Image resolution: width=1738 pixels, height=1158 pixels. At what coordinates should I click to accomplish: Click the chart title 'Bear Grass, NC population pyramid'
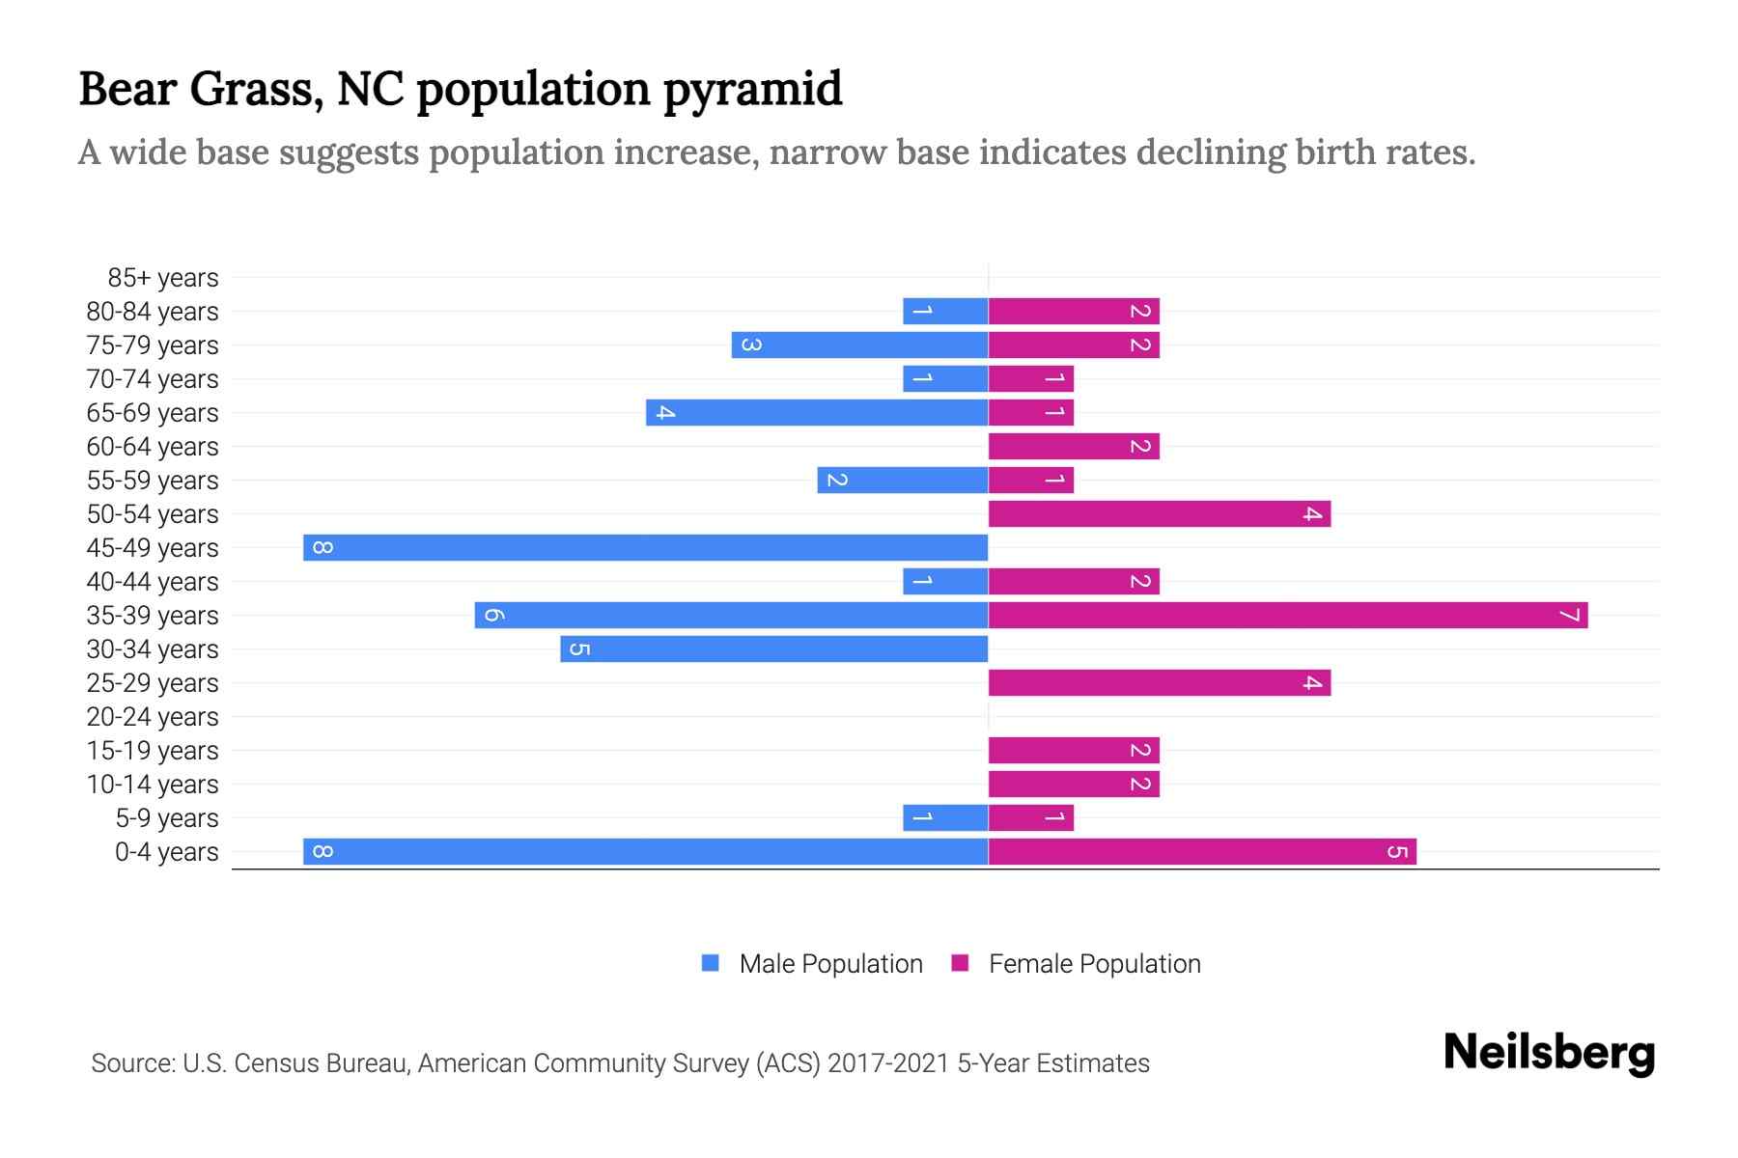pyautogui.click(x=461, y=89)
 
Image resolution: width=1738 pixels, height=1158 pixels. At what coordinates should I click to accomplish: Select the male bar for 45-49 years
pyautogui.click(x=645, y=547)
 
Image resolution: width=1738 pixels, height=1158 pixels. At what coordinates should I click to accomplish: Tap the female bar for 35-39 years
pyautogui.click(x=1287, y=615)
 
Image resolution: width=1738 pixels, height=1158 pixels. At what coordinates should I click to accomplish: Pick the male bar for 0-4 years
pyautogui.click(x=645, y=851)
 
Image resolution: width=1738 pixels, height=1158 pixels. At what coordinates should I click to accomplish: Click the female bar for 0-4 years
pyautogui.click(x=1202, y=851)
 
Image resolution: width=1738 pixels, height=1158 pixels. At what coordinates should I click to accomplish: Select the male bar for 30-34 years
pyautogui.click(x=773, y=648)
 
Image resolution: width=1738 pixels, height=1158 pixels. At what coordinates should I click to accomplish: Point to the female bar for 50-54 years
pyautogui.click(x=1159, y=513)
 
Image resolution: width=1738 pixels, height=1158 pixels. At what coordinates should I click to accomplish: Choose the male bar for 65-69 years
pyautogui.click(x=817, y=412)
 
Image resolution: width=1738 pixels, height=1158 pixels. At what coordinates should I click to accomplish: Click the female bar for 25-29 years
pyautogui.click(x=1159, y=682)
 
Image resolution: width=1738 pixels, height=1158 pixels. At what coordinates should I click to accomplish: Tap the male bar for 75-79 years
pyautogui.click(x=859, y=345)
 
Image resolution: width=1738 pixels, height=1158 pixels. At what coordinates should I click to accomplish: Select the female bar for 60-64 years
pyautogui.click(x=1073, y=446)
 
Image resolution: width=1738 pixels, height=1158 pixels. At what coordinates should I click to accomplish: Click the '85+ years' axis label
pyautogui.click(x=163, y=278)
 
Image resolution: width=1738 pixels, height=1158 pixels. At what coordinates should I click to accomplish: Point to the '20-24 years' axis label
pyautogui.click(x=153, y=717)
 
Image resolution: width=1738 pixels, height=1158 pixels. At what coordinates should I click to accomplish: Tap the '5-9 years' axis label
pyautogui.click(x=167, y=818)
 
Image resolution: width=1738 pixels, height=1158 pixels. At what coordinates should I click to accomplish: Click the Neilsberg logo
pyautogui.click(x=1549, y=1053)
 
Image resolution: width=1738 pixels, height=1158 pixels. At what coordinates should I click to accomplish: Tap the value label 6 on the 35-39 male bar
pyautogui.click(x=492, y=615)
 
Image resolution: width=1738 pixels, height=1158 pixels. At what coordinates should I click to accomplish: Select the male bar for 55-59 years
pyautogui.click(x=902, y=480)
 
